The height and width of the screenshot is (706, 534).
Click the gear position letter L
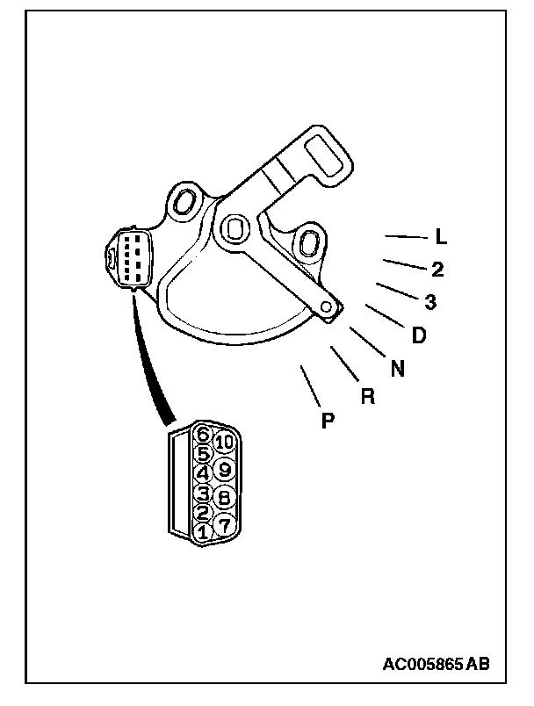point(442,237)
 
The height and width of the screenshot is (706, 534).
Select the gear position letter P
point(328,421)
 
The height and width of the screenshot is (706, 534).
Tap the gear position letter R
point(368,396)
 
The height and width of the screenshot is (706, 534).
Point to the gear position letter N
point(398,369)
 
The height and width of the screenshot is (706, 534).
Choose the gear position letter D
point(419,335)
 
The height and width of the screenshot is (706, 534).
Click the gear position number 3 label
point(430,302)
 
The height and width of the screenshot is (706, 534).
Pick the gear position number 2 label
point(437,270)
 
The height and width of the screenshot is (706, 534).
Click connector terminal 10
point(225,443)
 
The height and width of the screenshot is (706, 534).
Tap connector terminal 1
point(204,531)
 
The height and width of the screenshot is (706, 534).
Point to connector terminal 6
point(204,433)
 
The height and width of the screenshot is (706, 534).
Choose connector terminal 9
point(225,470)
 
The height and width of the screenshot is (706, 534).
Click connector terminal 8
point(225,497)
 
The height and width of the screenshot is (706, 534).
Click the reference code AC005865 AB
point(435,663)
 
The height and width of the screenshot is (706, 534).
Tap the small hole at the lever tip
point(328,306)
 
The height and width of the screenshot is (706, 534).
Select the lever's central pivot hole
point(233,228)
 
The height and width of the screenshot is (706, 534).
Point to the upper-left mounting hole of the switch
point(185,201)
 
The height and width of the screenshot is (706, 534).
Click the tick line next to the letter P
point(308,383)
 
